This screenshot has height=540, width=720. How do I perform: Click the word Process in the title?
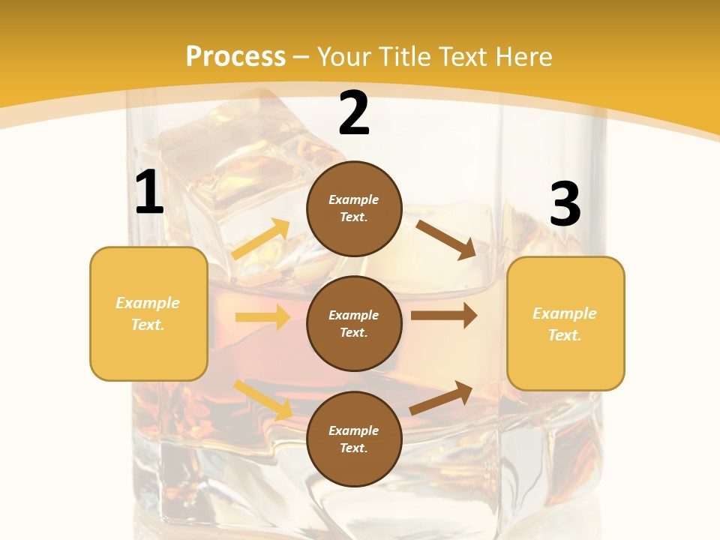point(235,56)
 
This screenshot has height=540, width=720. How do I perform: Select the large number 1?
point(149,193)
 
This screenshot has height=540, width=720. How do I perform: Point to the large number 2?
point(354,114)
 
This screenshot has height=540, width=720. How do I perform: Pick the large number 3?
point(565,205)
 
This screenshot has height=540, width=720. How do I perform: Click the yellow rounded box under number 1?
point(148,313)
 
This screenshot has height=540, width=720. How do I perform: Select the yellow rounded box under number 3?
point(565,324)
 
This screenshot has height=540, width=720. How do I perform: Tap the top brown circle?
point(354,208)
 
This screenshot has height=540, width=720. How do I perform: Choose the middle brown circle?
point(354,324)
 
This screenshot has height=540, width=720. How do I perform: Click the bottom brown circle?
point(354,439)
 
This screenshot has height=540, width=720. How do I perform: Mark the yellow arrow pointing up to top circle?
point(261,239)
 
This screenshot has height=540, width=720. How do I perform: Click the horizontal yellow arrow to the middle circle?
point(262,317)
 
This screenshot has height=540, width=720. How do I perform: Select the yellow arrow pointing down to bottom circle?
point(262,400)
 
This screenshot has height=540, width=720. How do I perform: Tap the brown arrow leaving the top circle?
point(445,239)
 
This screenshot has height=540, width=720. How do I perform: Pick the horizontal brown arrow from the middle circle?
point(444,316)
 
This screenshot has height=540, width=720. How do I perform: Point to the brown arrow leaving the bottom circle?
point(441,397)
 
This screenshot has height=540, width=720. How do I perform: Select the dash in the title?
point(301,57)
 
